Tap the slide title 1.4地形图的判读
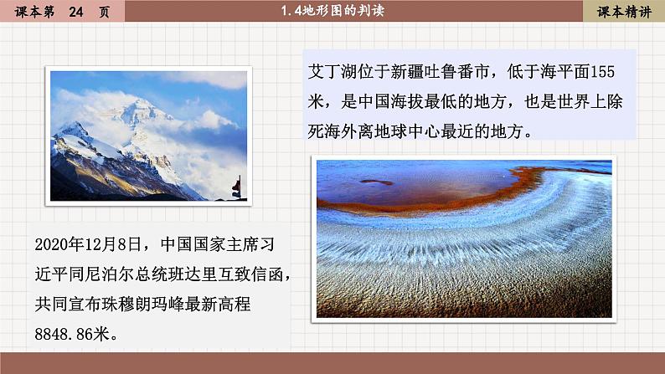(332, 11)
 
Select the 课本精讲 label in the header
(624, 11)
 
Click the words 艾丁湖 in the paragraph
(338, 69)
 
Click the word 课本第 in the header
(26, 11)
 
